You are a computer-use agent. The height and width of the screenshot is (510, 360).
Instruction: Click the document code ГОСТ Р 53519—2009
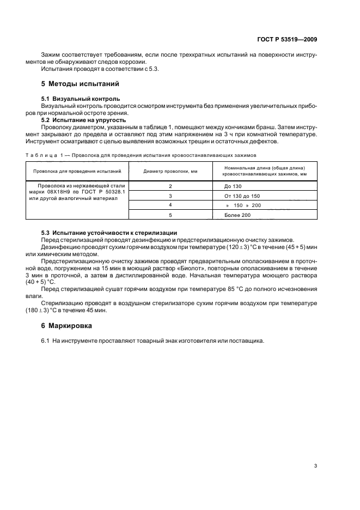pos(286,40)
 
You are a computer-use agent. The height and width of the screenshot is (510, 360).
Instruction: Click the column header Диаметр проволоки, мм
pos(170,171)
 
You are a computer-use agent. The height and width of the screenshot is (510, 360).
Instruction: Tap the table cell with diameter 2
pos(170,186)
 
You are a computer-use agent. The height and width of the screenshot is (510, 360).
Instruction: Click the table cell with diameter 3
pos(170,196)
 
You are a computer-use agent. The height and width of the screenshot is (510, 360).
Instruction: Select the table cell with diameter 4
pos(170,205)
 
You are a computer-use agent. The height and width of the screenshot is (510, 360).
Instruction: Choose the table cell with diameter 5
pos(170,215)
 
